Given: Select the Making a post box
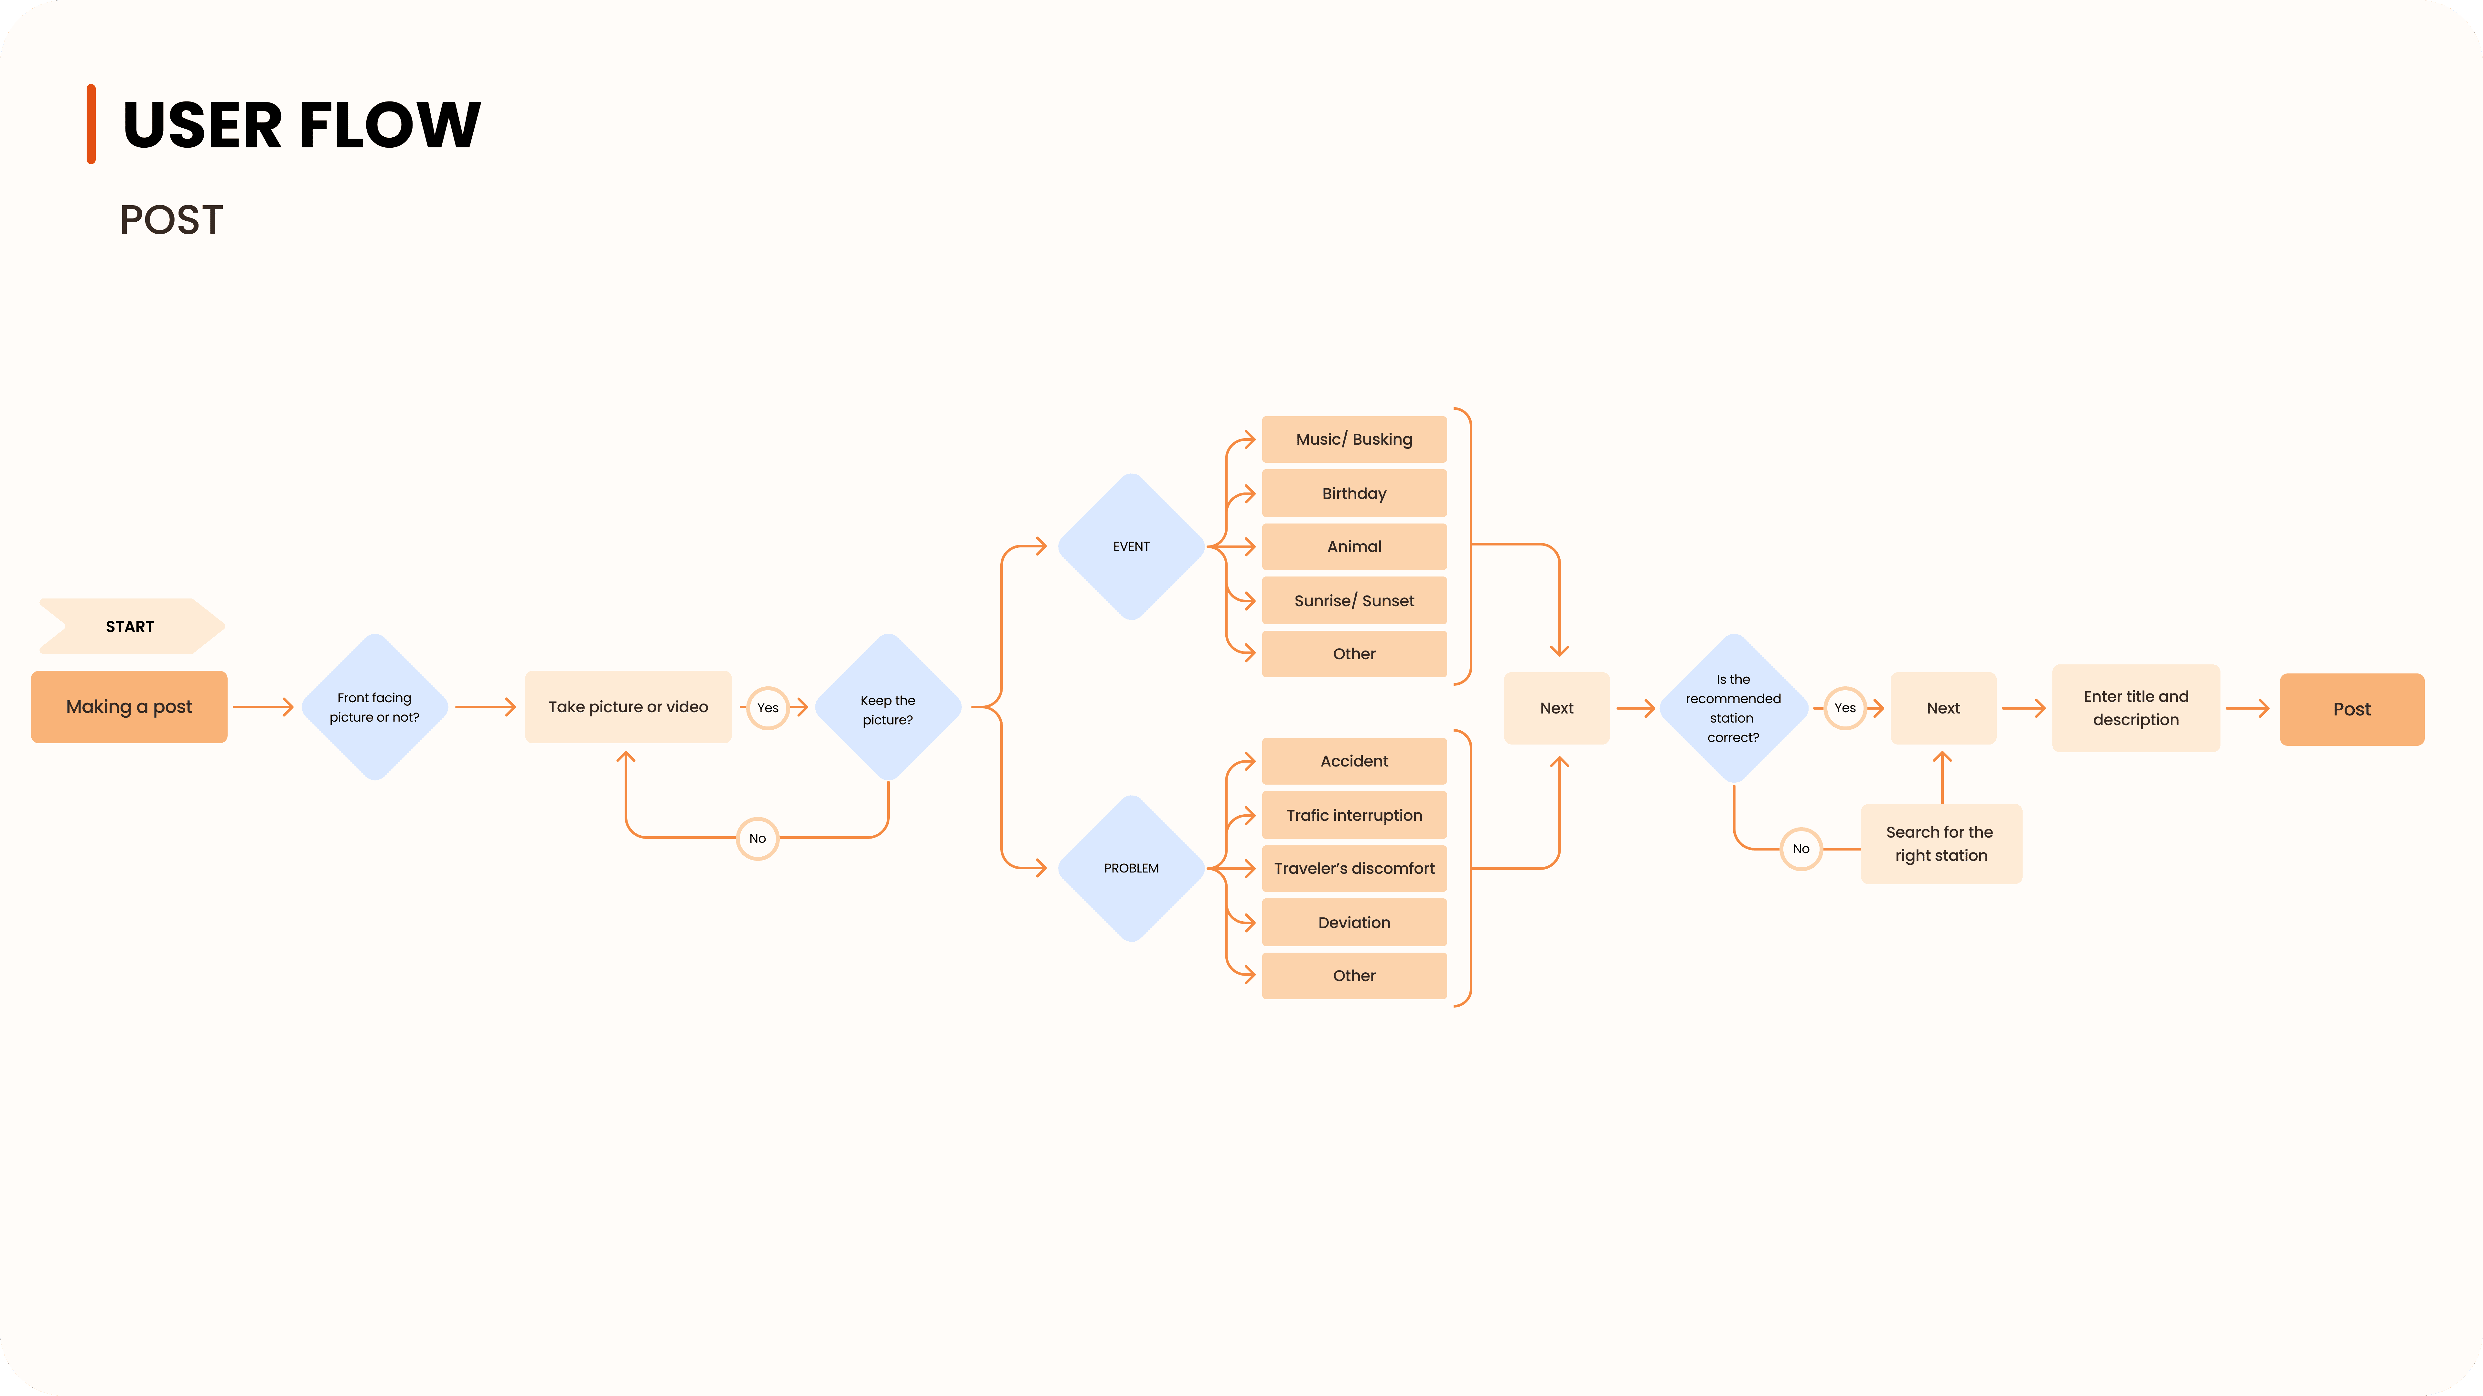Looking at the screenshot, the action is pyautogui.click(x=129, y=707).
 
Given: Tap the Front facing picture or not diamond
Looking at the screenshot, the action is pyautogui.click(x=375, y=707).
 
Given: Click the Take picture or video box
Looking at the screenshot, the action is pyautogui.click(x=629, y=707).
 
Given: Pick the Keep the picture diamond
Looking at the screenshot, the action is pyautogui.click(x=888, y=707).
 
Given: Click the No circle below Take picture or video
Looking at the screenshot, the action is pyautogui.click(x=758, y=838).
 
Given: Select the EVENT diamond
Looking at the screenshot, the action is pyautogui.click(x=1132, y=546).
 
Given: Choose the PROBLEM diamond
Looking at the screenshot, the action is pyautogui.click(x=1132, y=868).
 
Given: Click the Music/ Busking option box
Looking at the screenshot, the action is pyautogui.click(x=1354, y=439).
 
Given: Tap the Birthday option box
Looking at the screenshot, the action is pyautogui.click(x=1354, y=493).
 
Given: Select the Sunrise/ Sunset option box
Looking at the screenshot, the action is pyautogui.click(x=1354, y=600).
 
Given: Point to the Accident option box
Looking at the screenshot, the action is pyautogui.click(x=1354, y=761).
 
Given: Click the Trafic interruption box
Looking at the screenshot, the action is pyautogui.click(x=1354, y=815).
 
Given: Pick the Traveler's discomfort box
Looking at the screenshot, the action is pyautogui.click(x=1354, y=868).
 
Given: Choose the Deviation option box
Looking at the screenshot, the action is pyautogui.click(x=1354, y=922).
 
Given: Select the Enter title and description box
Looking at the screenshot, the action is pyautogui.click(x=2136, y=708).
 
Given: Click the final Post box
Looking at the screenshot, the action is pyautogui.click(x=2352, y=709).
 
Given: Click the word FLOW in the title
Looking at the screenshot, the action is pyautogui.click(x=389, y=125).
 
